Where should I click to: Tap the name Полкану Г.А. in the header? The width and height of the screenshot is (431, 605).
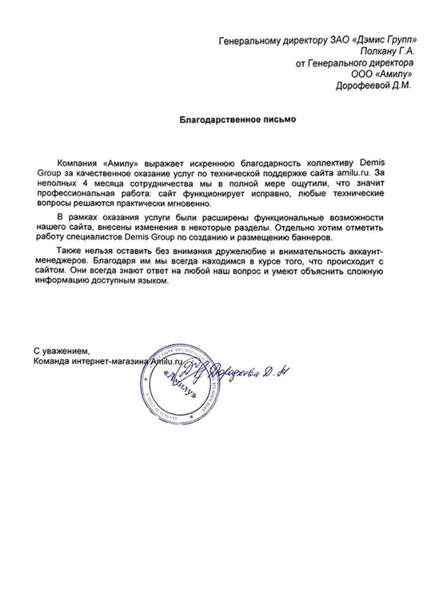(387, 53)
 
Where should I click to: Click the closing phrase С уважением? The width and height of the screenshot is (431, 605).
(60, 350)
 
